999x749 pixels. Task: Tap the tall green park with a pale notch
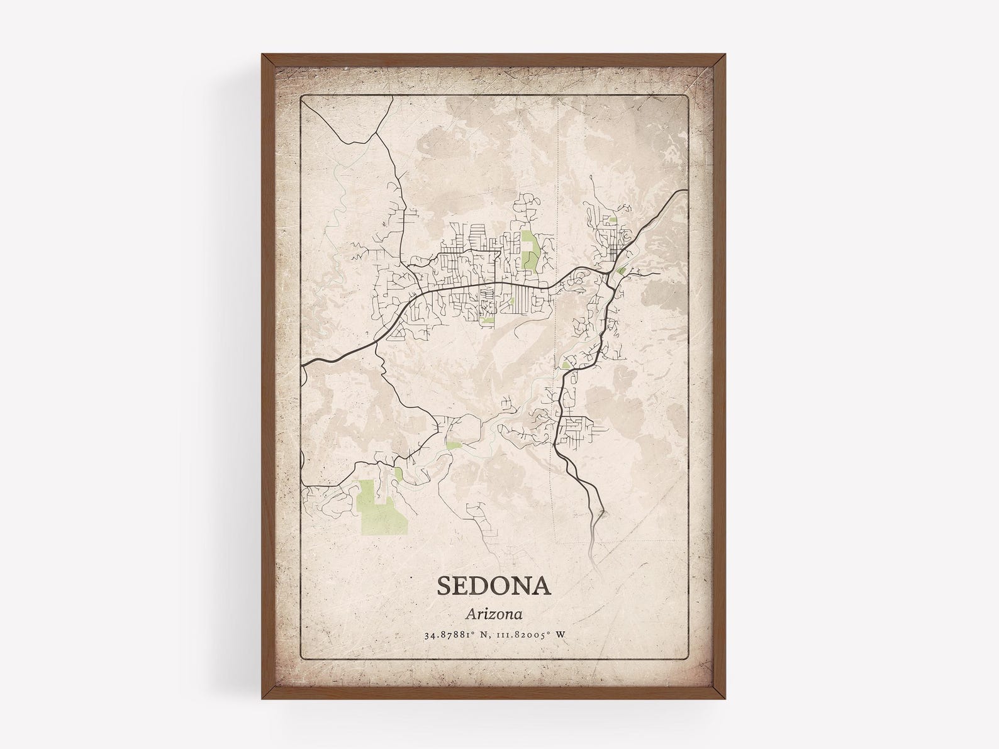(529, 250)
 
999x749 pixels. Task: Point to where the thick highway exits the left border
(303, 364)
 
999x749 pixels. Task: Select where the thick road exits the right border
(685, 190)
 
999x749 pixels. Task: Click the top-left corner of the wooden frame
(262, 53)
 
